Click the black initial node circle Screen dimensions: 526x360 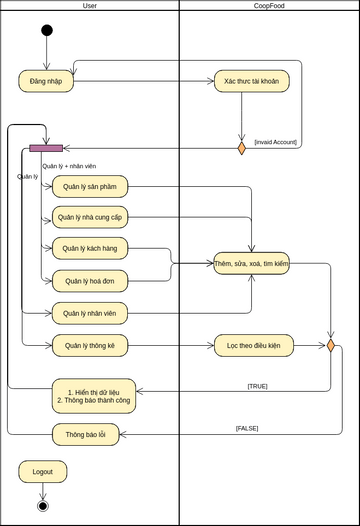click(46, 30)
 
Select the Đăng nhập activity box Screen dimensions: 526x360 click(46, 81)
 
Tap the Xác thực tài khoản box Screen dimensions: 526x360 click(252, 81)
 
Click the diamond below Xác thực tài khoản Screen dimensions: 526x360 click(241, 149)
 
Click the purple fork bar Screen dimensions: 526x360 click(46, 148)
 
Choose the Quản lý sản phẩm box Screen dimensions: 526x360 click(90, 186)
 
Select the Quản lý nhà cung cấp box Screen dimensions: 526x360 click(90, 216)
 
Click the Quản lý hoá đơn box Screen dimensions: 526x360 click(90, 282)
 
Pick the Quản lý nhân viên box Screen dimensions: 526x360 click(90, 314)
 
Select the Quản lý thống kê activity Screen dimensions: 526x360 click(90, 346)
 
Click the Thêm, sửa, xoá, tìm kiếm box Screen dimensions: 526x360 click(251, 263)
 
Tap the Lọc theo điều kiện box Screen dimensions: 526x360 click(252, 346)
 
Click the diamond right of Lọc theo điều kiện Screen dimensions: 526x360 click(330, 346)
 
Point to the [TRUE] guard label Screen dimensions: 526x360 click(257, 385)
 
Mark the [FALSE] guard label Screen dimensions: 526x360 click(247, 427)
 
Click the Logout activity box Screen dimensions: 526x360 click(42, 471)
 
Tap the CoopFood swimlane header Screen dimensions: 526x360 click(268, 6)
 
